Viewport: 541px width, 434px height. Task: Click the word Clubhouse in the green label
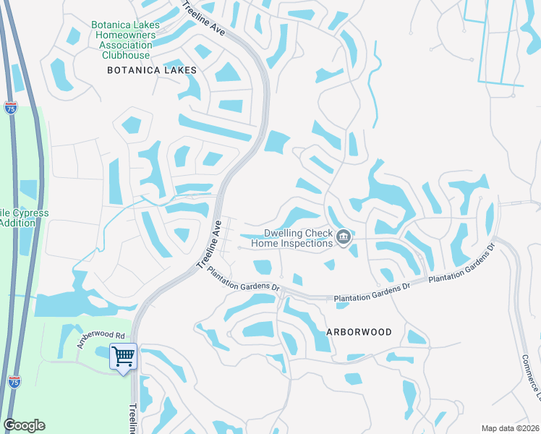tap(126, 55)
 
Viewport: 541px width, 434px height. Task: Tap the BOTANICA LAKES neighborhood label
tap(152, 70)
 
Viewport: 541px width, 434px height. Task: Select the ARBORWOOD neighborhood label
tap(359, 332)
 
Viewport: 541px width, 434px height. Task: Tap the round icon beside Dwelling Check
tap(344, 237)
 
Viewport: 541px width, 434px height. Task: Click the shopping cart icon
tap(123, 355)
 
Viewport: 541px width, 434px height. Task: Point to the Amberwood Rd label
tap(101, 340)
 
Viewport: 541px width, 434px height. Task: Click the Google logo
tap(24, 425)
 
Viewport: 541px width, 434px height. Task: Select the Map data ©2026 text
tap(510, 428)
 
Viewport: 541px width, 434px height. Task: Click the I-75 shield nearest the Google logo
tap(14, 381)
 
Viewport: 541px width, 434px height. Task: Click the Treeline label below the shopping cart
tap(133, 419)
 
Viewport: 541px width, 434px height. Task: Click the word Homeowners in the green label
tap(124, 35)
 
